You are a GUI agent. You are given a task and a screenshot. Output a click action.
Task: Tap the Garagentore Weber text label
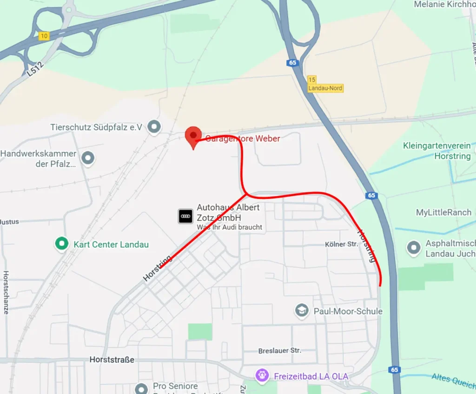(243, 138)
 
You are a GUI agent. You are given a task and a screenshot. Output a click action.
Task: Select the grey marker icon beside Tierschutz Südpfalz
(154, 126)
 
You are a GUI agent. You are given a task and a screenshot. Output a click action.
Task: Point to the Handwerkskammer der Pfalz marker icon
(88, 158)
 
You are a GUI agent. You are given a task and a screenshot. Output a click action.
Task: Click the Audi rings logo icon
(185, 216)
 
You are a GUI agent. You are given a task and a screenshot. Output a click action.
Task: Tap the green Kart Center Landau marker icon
(61, 243)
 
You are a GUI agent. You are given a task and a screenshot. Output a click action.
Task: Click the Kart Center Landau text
(111, 244)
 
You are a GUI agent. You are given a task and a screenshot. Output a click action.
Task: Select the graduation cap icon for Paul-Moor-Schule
(302, 310)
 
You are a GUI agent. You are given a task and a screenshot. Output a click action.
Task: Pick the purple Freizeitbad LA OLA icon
(262, 375)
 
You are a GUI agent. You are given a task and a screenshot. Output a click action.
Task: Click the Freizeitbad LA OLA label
(311, 376)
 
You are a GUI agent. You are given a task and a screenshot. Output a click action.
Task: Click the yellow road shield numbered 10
(44, 36)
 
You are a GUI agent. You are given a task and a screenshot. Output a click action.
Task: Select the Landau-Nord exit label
(325, 88)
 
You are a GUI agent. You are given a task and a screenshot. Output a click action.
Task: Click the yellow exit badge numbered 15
(311, 79)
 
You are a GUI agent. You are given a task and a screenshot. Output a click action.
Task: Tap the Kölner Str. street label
(342, 244)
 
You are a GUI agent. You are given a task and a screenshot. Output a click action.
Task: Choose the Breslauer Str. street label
(279, 350)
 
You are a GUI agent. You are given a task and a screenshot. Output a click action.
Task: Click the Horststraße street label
(112, 360)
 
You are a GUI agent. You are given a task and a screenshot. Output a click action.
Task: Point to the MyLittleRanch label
(443, 212)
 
